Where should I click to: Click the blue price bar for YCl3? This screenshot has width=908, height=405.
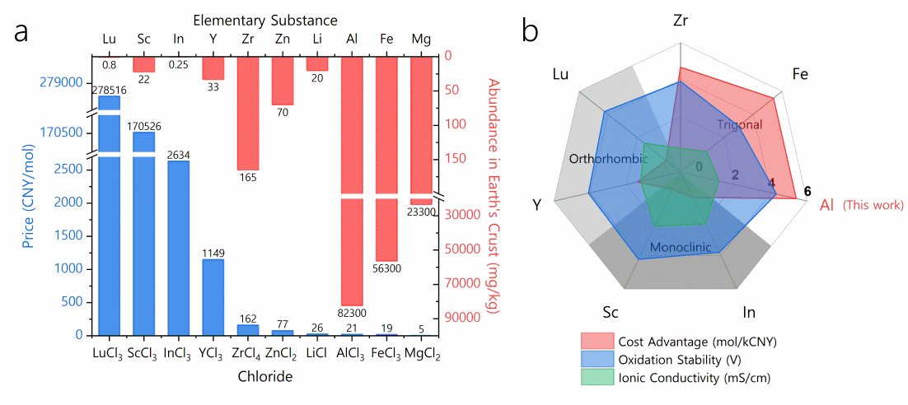pyautogui.click(x=213, y=296)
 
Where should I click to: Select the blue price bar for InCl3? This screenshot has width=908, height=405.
pyautogui.click(x=178, y=247)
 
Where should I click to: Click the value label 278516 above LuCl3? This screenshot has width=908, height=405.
pyautogui.click(x=109, y=90)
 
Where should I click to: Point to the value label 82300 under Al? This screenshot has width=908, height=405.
pyautogui.click(x=352, y=313)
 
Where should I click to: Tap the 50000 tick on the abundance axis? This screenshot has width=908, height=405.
pyautogui.click(x=461, y=249)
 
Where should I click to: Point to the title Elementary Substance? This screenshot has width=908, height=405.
pyautogui.click(x=265, y=18)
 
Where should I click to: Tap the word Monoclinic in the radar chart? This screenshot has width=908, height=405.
pyautogui.click(x=681, y=247)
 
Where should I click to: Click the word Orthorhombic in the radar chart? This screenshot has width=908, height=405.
pyautogui.click(x=608, y=159)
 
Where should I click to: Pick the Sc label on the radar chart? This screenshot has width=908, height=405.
pyautogui.click(x=611, y=313)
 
